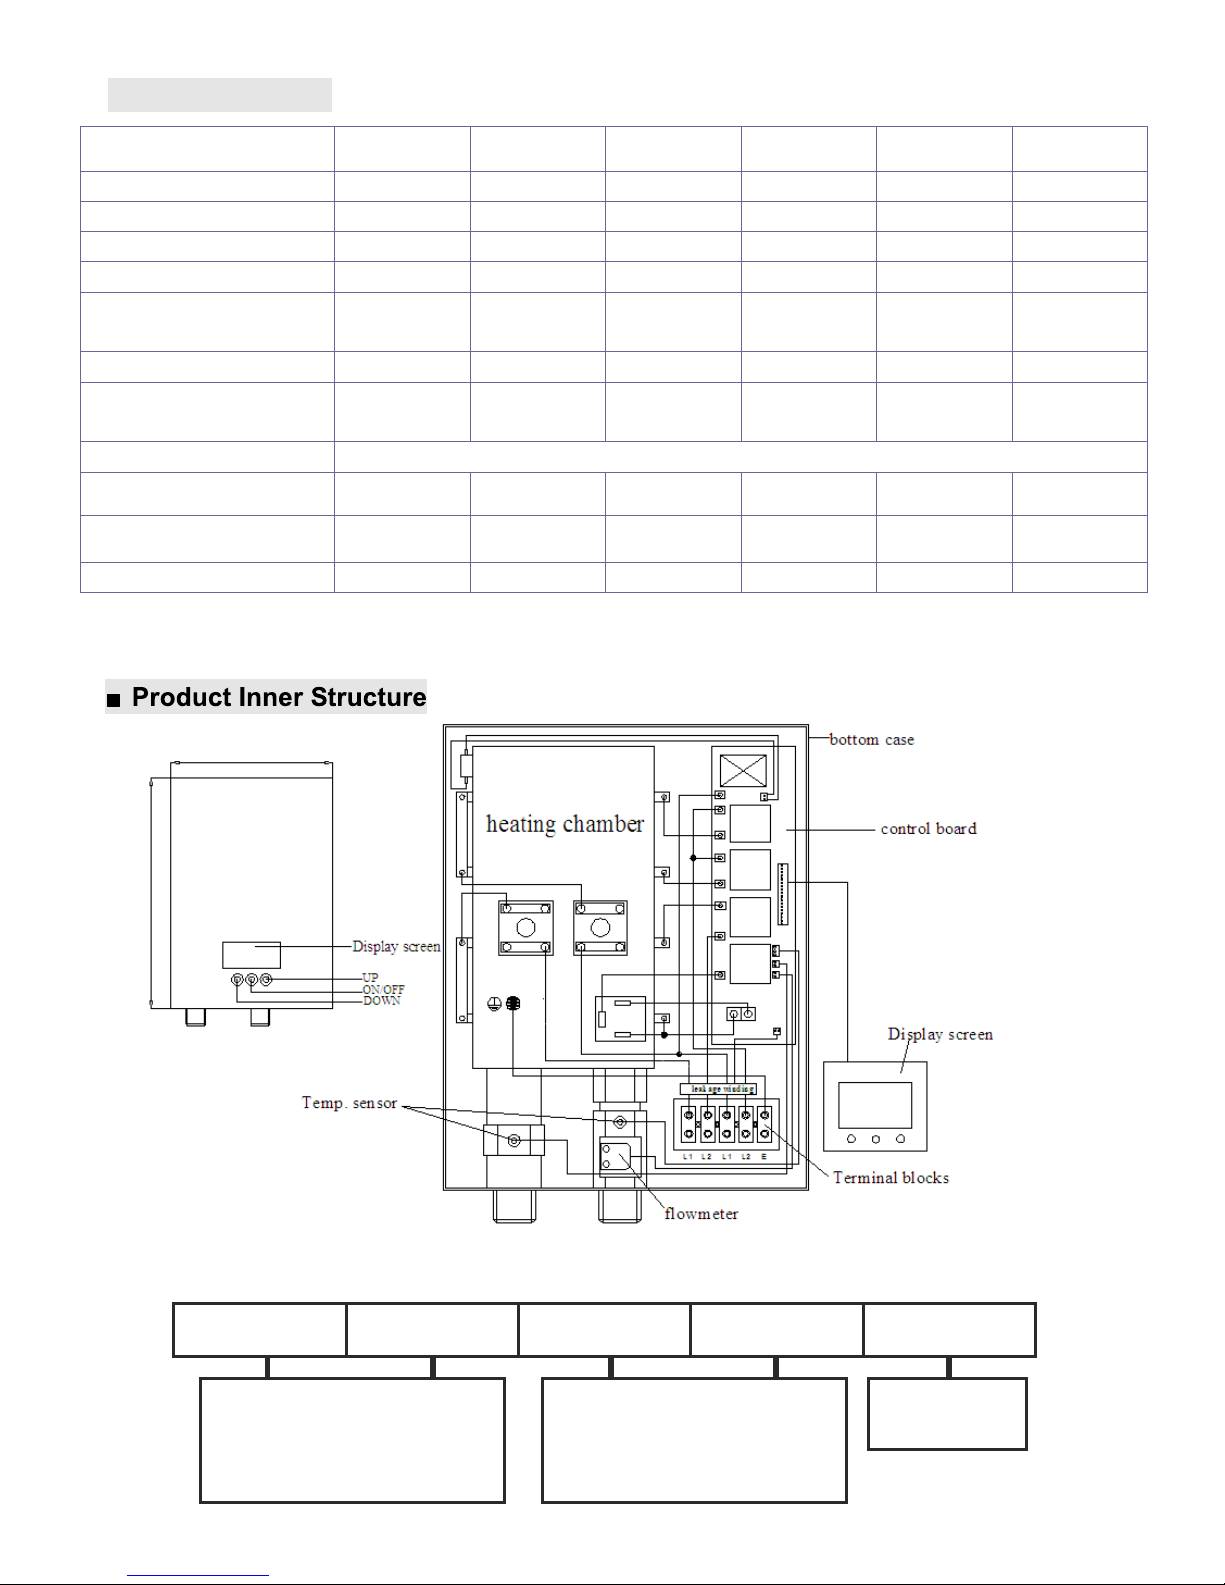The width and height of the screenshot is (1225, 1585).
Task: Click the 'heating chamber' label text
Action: tap(565, 824)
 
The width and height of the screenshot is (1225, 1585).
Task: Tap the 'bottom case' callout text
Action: tap(871, 740)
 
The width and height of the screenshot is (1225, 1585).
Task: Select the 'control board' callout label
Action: tap(928, 829)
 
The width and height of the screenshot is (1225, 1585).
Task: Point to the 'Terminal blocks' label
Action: tap(891, 1178)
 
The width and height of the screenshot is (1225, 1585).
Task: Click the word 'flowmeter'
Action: tap(701, 1214)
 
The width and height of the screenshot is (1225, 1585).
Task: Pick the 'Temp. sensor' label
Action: tap(349, 1103)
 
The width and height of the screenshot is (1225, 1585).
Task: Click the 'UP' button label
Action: tap(370, 978)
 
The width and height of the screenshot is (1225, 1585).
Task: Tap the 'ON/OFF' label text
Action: tap(383, 990)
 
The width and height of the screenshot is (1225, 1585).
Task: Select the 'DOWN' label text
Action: tap(381, 1001)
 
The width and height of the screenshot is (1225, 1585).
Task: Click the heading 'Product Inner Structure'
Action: tap(279, 697)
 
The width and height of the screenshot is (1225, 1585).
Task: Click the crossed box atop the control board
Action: tap(743, 771)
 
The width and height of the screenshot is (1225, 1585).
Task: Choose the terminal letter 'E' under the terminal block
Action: tap(764, 1156)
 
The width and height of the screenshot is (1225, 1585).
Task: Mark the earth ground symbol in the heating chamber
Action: tap(494, 1004)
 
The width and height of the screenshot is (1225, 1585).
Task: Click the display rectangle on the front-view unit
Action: tap(251, 954)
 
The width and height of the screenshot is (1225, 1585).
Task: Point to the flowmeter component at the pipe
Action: tap(615, 1158)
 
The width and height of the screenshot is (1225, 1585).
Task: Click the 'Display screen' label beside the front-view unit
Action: tap(396, 947)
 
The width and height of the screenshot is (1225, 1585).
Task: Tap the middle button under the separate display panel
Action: tap(875, 1139)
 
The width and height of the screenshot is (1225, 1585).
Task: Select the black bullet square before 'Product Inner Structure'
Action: tap(114, 700)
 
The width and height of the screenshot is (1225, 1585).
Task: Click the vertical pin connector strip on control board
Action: tap(783, 894)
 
